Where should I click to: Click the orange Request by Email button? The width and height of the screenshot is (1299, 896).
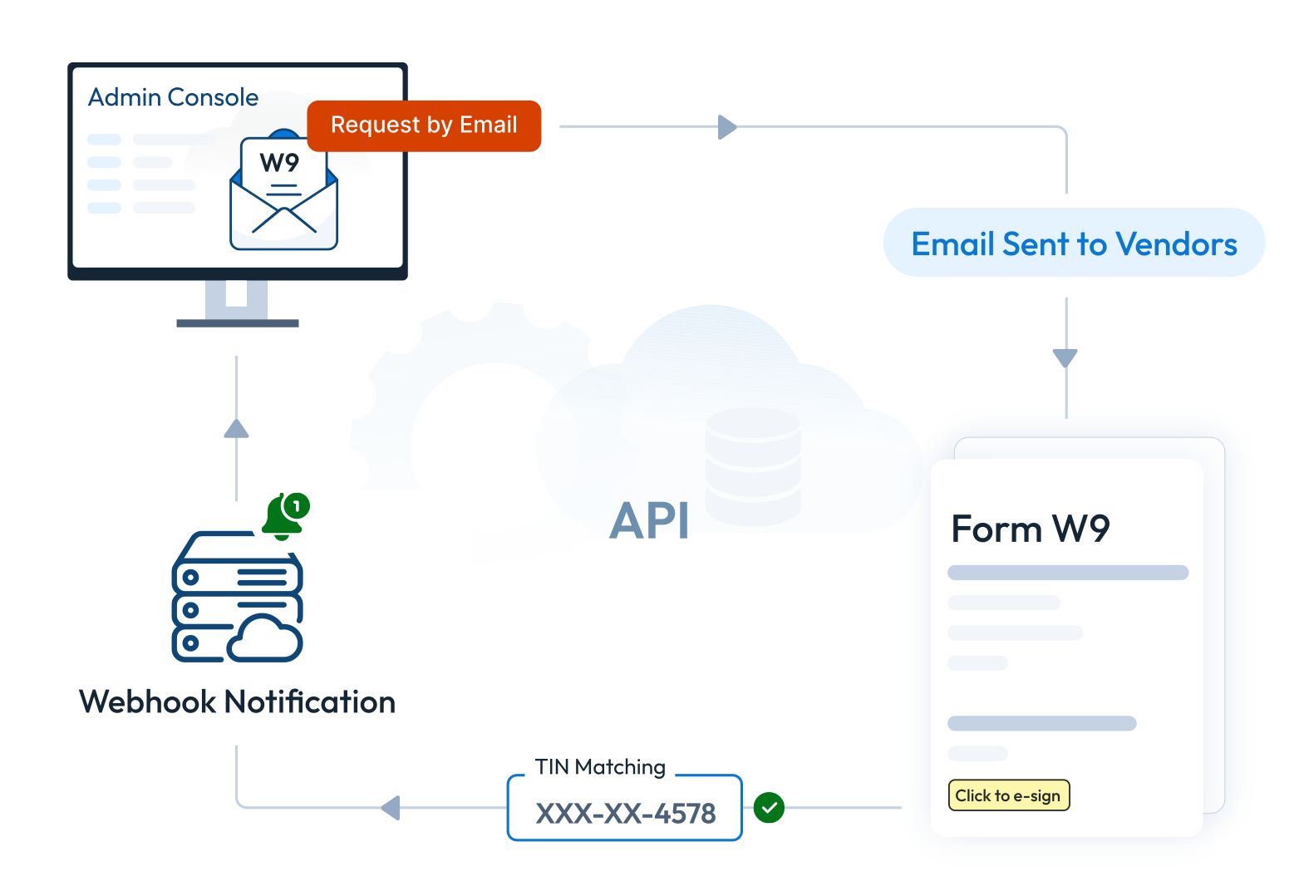(x=424, y=126)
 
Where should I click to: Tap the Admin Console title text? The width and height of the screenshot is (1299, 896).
(x=173, y=97)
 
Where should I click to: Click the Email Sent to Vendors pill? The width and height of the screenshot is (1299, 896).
(x=1074, y=244)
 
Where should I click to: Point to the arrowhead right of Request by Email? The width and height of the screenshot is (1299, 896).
(x=727, y=127)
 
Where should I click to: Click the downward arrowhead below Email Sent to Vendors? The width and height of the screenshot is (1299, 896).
(x=1065, y=357)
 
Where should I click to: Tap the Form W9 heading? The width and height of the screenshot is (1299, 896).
(x=1030, y=529)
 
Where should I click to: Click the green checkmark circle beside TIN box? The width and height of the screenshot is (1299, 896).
(x=769, y=807)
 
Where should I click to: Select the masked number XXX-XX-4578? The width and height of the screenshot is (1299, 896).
(x=625, y=813)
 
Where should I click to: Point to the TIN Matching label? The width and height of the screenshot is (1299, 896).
(x=600, y=766)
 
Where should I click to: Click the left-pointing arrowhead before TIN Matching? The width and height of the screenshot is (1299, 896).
(x=391, y=807)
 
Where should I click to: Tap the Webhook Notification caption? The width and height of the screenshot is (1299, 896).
(x=237, y=702)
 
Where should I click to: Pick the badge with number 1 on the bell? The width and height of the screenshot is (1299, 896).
(x=297, y=505)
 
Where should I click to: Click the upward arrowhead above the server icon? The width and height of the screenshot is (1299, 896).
(x=237, y=429)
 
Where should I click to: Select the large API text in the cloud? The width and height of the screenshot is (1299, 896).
(x=649, y=521)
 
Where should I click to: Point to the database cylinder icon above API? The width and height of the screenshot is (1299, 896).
(x=753, y=465)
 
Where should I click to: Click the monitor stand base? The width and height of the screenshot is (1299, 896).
(x=238, y=322)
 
